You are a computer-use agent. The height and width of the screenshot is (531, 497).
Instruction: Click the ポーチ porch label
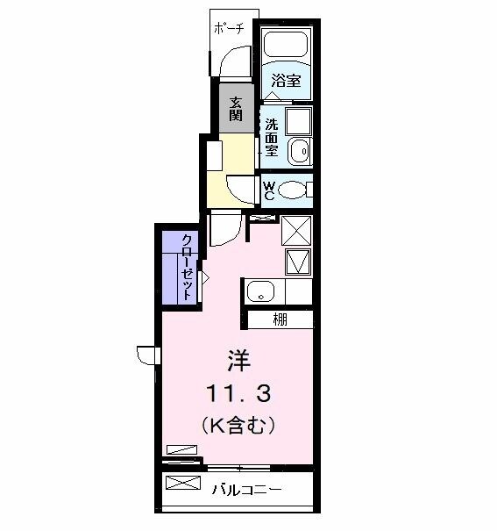[x=230, y=28]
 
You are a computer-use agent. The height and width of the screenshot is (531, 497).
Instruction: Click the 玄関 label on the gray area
[x=236, y=111]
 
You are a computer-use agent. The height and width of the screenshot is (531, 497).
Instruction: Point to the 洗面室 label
[x=273, y=137]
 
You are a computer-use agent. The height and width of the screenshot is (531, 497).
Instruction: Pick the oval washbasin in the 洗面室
[x=300, y=150]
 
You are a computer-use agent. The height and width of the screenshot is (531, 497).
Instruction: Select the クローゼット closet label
[x=188, y=266]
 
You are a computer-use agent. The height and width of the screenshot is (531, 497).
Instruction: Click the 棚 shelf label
[x=280, y=319]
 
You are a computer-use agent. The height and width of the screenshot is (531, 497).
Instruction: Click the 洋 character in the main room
[x=238, y=359]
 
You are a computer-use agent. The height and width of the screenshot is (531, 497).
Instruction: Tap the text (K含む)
[x=238, y=427]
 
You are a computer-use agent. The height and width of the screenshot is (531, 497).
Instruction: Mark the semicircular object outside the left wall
[x=146, y=355]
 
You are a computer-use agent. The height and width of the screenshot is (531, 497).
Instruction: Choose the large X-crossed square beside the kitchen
[x=296, y=231]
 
